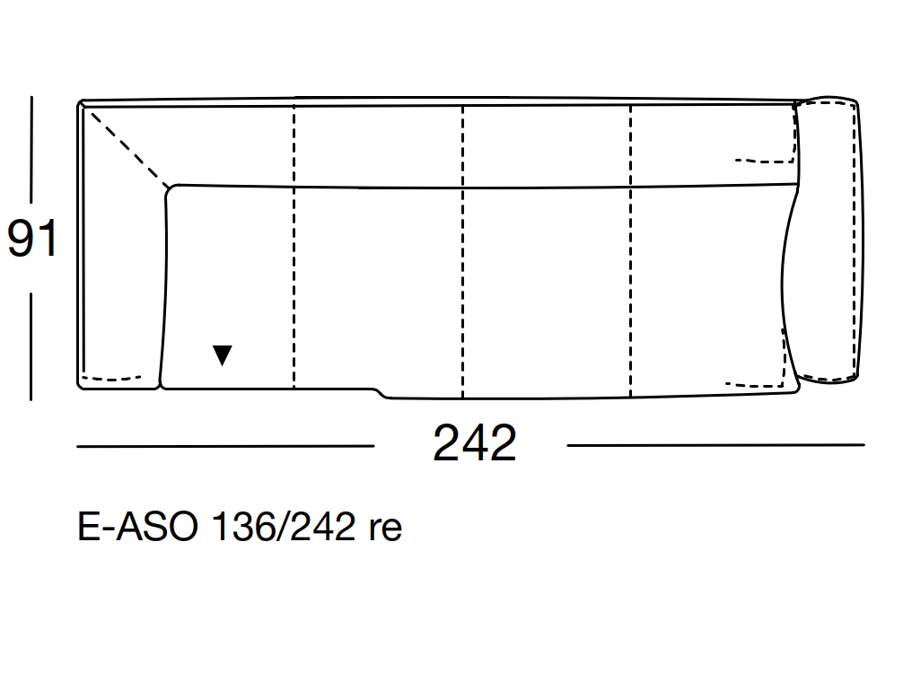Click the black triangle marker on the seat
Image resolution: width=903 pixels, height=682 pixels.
coord(223,354)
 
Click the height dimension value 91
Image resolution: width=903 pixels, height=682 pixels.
coord(32,238)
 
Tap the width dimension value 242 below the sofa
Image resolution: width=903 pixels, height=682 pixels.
coord(475,442)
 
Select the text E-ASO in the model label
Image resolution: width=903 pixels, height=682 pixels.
coord(137,526)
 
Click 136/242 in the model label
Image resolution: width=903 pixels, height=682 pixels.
coord(284,526)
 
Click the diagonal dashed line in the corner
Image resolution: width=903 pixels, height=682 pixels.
coord(129,149)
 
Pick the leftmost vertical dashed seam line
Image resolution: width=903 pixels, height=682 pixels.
coord(294,246)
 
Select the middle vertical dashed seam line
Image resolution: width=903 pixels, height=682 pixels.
coord(462,251)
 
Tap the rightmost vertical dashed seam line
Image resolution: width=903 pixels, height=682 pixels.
coord(631,251)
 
